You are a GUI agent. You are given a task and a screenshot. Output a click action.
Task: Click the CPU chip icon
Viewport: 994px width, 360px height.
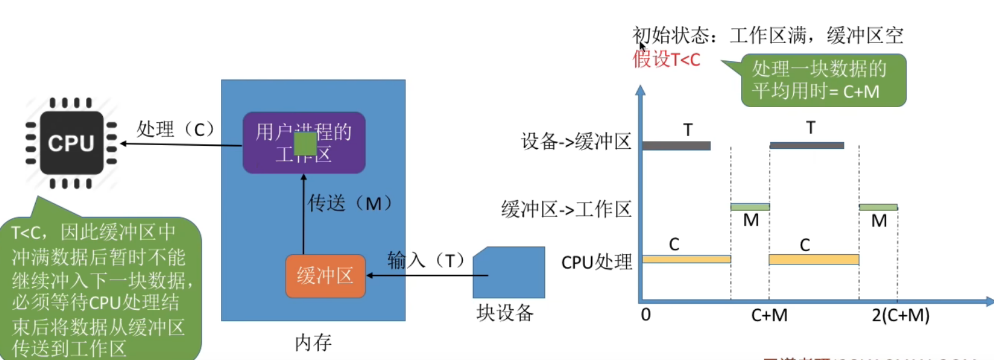[x=71, y=143]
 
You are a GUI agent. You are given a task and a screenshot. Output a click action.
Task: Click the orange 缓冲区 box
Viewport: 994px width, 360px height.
[x=325, y=276]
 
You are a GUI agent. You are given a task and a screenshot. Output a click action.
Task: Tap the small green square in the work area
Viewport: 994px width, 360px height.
[x=305, y=143]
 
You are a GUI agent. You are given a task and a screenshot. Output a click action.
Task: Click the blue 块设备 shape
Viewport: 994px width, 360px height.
[x=509, y=272]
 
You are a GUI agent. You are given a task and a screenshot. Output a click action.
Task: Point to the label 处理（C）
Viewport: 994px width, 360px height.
[x=175, y=129]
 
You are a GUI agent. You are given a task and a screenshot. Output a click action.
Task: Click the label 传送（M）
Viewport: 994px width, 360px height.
[x=350, y=203]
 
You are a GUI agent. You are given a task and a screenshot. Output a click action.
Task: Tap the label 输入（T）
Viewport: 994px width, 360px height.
[x=427, y=260]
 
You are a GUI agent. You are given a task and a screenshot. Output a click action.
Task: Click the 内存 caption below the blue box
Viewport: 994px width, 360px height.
[x=313, y=342]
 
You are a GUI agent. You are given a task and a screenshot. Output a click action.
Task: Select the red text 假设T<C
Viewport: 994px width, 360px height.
[x=666, y=59]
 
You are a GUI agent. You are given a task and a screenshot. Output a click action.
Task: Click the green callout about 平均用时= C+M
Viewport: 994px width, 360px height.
[x=823, y=80]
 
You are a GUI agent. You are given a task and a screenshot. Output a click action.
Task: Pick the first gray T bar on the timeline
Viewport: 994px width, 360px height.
[x=676, y=146]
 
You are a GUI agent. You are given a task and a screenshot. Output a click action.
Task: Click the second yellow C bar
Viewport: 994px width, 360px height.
[x=814, y=260]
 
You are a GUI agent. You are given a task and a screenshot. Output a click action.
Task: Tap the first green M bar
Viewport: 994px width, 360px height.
[x=750, y=207]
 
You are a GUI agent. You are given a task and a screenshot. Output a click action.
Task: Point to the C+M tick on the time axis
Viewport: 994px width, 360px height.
[x=769, y=315]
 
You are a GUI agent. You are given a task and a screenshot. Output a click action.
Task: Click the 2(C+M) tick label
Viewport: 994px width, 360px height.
[x=900, y=315]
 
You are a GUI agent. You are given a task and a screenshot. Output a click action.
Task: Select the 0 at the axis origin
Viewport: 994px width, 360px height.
[x=646, y=315]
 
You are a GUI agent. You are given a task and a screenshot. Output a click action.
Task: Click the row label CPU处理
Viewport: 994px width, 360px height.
[x=597, y=262]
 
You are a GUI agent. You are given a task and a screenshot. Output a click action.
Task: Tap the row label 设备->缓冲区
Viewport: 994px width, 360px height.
[x=576, y=142]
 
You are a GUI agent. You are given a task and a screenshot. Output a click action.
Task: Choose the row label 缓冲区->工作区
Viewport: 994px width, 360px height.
[x=566, y=209]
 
